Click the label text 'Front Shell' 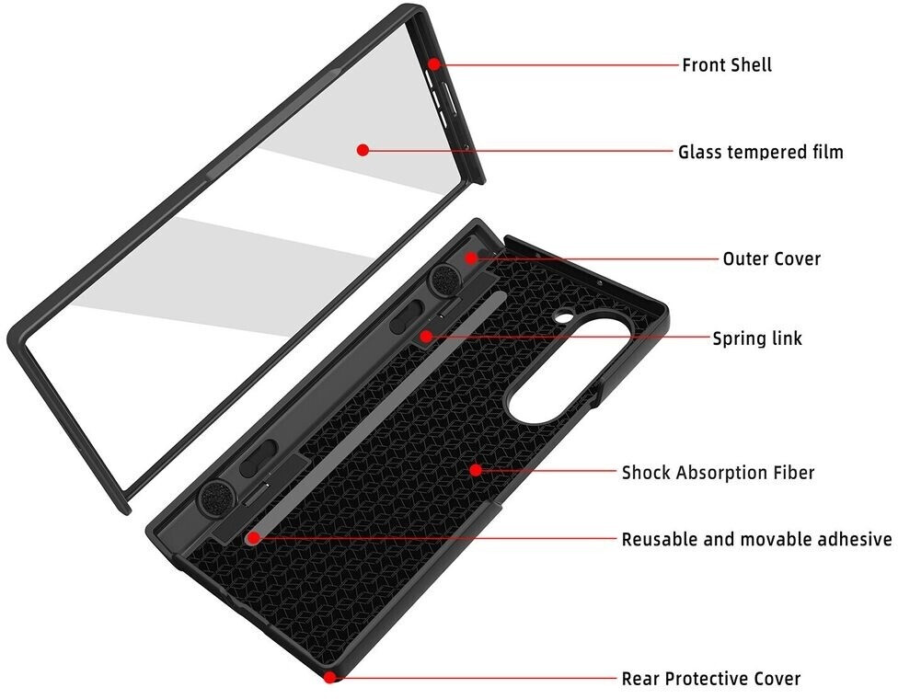coord(726,65)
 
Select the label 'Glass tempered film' coord(760,152)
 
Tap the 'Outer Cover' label coord(771,258)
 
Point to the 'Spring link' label coord(757,338)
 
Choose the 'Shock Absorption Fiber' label coord(718,473)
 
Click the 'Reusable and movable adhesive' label coord(756,539)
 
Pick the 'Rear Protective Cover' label coord(710,679)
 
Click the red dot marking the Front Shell coord(434,63)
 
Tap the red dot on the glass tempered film coord(363,150)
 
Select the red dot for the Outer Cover coord(471,258)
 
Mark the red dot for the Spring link coord(426,337)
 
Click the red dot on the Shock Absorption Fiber coord(475,470)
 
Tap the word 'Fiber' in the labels coord(791,473)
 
